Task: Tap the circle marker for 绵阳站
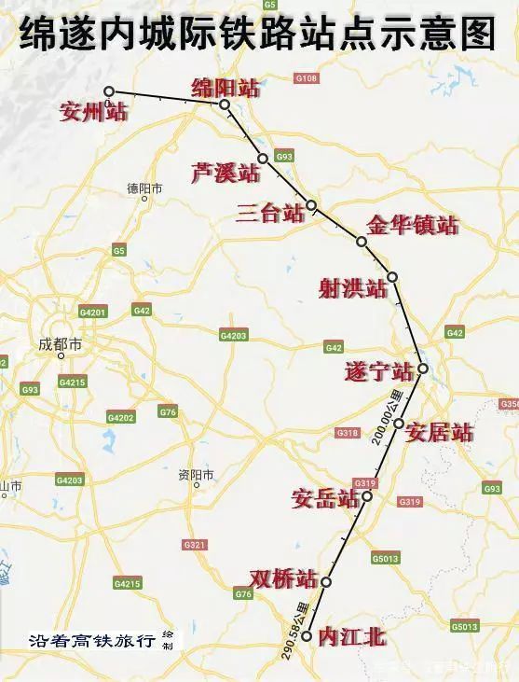[225, 104]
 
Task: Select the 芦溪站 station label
[225, 173]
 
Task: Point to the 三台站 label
[270, 213]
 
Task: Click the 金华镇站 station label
[413, 226]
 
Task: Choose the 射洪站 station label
[352, 289]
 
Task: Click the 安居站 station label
[440, 432]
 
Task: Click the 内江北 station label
[351, 637]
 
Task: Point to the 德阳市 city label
[144, 188]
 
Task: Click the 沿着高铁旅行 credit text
[92, 642]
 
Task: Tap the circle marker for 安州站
[109, 91]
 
